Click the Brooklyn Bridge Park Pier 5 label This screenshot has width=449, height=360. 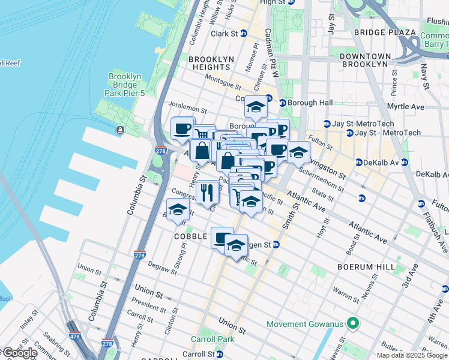tap(125, 85)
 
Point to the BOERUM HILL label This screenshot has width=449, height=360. tap(366, 266)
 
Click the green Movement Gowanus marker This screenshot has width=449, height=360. tap(354, 324)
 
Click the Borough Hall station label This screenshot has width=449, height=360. tap(310, 103)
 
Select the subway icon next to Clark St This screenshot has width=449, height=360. tap(244, 34)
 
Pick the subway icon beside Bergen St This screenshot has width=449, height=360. tap(276, 244)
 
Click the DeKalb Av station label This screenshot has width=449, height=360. tap(381, 162)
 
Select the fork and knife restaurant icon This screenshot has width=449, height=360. tap(207, 193)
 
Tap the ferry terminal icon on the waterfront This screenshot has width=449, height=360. tap(121, 130)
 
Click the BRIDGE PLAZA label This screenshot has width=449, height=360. tap(393, 32)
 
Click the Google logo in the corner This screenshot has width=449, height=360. tap(19, 353)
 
